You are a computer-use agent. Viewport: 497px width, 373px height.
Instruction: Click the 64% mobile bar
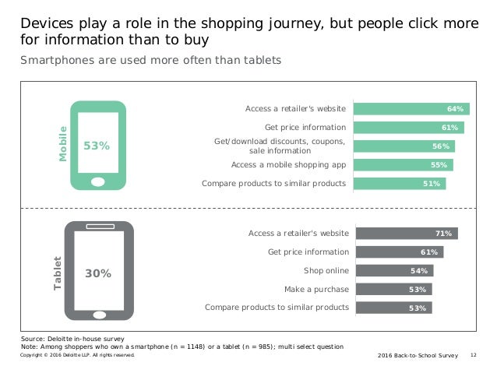pos(411,109)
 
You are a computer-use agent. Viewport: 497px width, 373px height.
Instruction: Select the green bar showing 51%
pos(400,184)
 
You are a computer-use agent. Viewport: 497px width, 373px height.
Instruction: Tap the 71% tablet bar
pos(406,233)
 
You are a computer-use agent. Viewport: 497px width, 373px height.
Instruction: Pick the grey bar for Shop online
pos(393,270)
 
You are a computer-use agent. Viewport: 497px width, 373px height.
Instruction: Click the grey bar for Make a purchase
pos(393,289)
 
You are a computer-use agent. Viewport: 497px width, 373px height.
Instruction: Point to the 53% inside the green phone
pos(97,146)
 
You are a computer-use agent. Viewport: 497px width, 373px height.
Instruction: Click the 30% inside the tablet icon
pos(98,273)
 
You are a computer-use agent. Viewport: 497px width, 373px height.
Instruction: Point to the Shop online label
pos(326,270)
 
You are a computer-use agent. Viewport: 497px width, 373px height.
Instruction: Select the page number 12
pos(474,354)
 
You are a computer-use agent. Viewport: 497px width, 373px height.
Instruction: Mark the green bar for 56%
pos(404,146)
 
